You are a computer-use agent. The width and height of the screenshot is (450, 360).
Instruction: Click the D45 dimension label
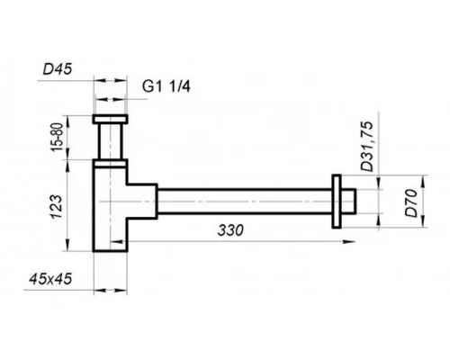[x=58, y=69]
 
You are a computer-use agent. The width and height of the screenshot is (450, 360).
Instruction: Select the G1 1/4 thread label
[x=166, y=87]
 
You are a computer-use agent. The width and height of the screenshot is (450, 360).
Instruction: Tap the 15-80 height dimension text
[x=58, y=138]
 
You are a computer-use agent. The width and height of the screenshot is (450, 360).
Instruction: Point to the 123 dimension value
[x=57, y=207]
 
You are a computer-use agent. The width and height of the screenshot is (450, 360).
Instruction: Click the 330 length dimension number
[x=230, y=230]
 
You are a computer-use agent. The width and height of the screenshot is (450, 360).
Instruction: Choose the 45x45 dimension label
[x=50, y=279]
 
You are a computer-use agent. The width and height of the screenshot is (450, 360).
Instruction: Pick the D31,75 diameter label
[x=367, y=147]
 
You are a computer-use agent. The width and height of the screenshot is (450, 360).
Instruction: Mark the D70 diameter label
[x=411, y=203]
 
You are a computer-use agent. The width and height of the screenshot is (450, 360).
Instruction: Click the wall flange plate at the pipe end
[x=337, y=201]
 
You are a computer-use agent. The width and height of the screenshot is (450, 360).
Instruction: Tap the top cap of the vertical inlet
[x=110, y=119]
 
